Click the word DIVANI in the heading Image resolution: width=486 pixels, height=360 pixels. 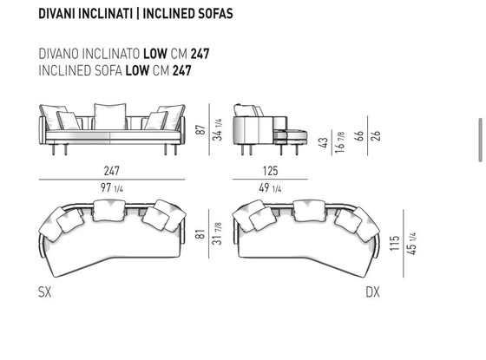coord(57,14)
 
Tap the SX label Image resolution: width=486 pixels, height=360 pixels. coord(44,291)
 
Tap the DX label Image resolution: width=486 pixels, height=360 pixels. coord(372,291)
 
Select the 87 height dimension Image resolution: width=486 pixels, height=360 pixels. coord(200,129)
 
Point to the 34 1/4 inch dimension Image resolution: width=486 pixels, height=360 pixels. coord(217,129)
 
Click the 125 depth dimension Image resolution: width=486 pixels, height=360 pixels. coord(270,171)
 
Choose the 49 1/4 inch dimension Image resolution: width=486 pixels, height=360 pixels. coord(270,187)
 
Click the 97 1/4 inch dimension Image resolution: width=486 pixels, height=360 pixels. coord(112,187)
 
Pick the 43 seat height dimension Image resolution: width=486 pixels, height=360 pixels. coord(323,142)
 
